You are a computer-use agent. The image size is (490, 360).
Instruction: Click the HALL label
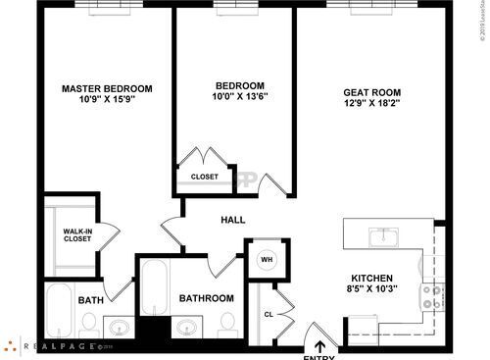232,220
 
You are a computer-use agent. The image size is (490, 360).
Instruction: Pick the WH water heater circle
266,260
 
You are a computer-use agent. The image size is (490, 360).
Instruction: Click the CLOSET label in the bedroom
205,177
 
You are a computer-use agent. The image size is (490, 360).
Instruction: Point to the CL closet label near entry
268,314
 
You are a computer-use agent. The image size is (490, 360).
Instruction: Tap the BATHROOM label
206,297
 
